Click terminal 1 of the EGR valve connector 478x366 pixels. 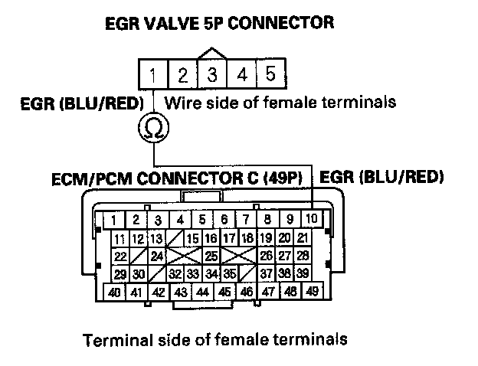(x=153, y=76)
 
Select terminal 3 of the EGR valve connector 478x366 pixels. (x=212, y=76)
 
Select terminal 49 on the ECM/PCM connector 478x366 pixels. (x=313, y=292)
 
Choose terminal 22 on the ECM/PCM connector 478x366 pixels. (x=120, y=255)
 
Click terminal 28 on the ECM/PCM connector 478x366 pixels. (x=303, y=255)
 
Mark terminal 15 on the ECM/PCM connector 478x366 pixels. (x=193, y=238)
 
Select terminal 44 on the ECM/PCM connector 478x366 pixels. (x=202, y=292)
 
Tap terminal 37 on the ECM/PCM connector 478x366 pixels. (x=266, y=273)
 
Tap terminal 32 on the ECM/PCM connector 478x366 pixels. (x=175, y=273)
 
